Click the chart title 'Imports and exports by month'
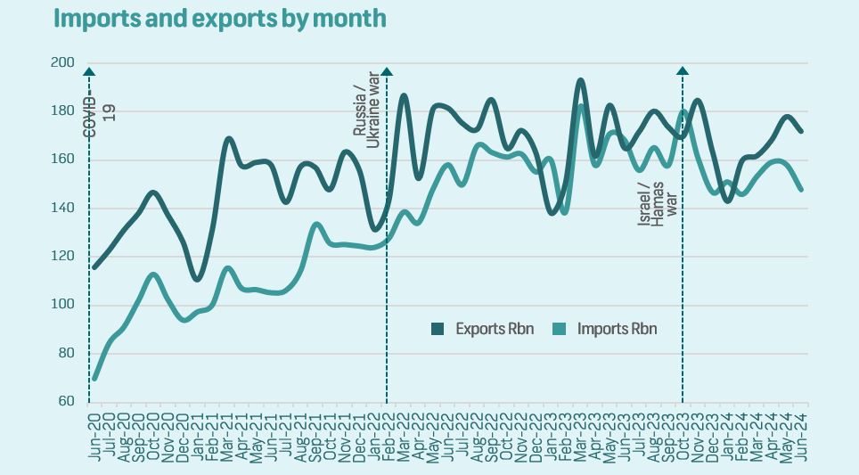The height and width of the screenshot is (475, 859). tap(220, 18)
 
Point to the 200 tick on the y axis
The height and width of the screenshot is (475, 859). tap(62, 62)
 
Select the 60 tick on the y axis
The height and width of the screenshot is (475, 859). tap(65, 401)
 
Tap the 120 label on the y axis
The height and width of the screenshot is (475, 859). tap(62, 257)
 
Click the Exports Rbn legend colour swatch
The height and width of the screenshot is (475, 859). tap(438, 329)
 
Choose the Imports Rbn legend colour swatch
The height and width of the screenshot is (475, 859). tap(560, 329)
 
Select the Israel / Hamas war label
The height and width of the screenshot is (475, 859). tap(658, 201)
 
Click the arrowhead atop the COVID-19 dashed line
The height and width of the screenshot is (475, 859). tap(89, 71)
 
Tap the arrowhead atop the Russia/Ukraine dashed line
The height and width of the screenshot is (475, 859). tap(387, 71)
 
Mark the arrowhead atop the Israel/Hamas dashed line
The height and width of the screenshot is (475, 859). tap(683, 71)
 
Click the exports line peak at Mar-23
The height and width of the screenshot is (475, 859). tap(580, 80)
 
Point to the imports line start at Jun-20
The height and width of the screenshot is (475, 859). tap(94, 378)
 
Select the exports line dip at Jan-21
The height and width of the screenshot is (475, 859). tap(197, 279)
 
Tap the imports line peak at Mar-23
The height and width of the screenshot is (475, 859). tap(580, 106)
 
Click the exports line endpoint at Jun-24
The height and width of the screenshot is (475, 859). tap(801, 131)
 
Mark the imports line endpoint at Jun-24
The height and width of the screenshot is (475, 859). tap(801, 189)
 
